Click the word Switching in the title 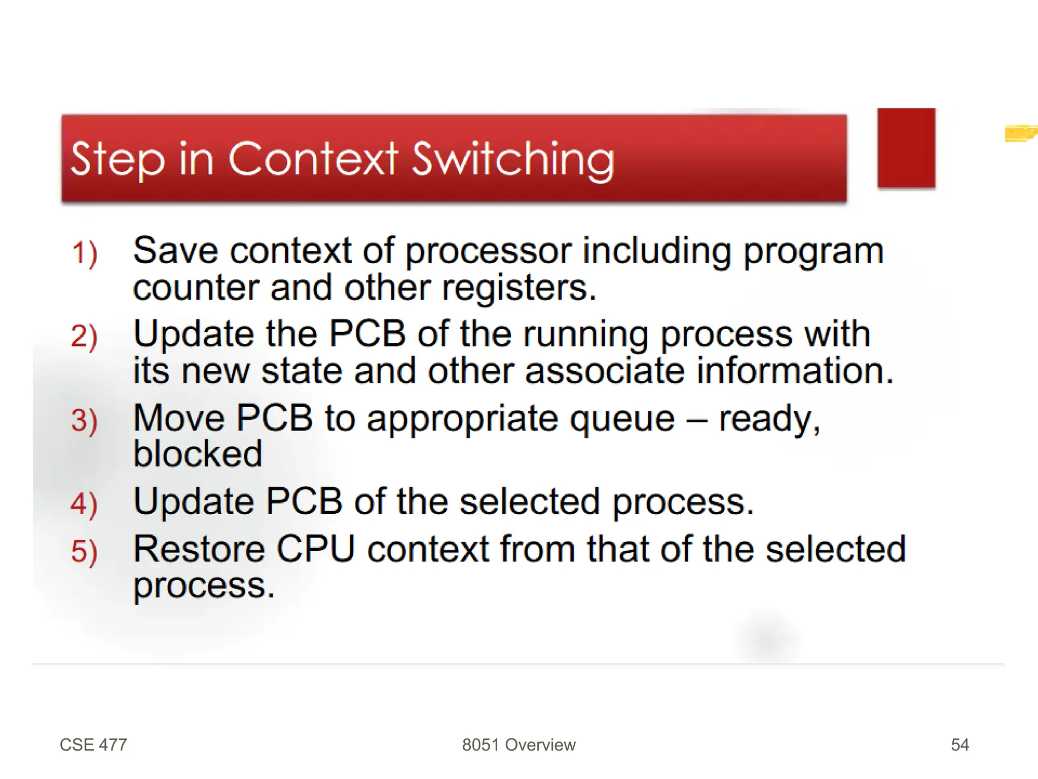point(512,160)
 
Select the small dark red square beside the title point(906,148)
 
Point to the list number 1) point(84,254)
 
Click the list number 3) point(84,421)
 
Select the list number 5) point(84,552)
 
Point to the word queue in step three point(622,419)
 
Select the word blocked point(198,453)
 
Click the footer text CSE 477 point(93,745)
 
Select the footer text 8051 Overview point(518,745)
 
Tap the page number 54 point(959,745)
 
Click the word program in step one point(813,252)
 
